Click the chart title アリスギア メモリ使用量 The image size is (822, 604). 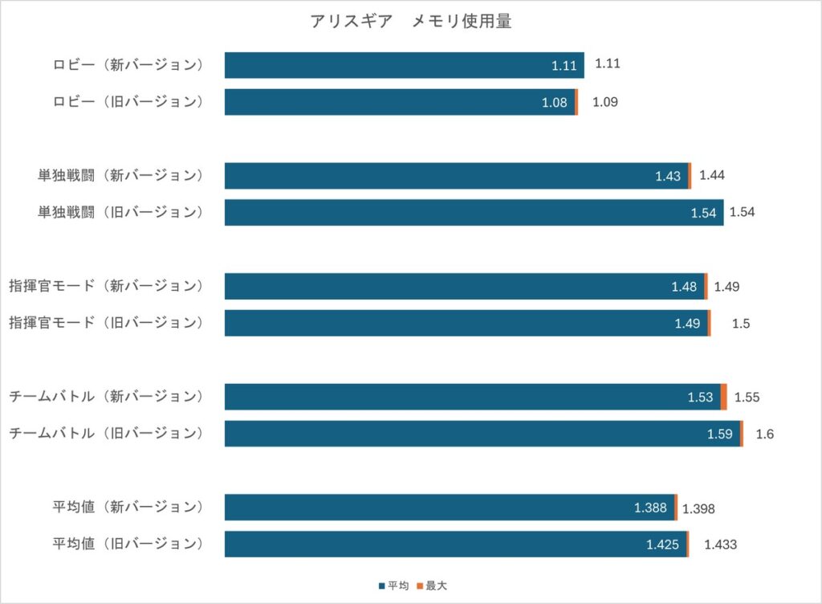pyautogui.click(x=410, y=21)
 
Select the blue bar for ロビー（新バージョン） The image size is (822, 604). pyautogui.click(x=405, y=65)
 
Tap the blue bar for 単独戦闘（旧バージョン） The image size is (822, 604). pyautogui.click(x=474, y=212)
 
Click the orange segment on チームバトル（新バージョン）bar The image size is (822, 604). pyautogui.click(x=723, y=397)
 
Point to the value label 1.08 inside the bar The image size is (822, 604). pyautogui.click(x=554, y=103)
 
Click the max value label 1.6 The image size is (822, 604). pyautogui.click(x=764, y=434)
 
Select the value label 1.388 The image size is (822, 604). pyautogui.click(x=650, y=508)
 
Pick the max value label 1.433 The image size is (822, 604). pyautogui.click(x=720, y=545)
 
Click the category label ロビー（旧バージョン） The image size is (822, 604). pyautogui.click(x=128, y=101)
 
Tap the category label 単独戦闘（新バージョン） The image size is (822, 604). pyautogui.click(x=120, y=175)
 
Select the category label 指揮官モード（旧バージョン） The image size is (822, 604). pyautogui.click(x=106, y=322)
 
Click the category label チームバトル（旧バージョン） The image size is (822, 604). pyautogui.click(x=106, y=433)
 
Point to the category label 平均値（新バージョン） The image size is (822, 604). pyautogui.click(x=128, y=507)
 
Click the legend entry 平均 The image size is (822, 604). pyautogui.click(x=393, y=586)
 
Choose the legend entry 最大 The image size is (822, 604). pyautogui.click(x=432, y=586)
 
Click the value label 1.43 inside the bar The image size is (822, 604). pyautogui.click(x=667, y=176)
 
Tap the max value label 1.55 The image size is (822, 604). pyautogui.click(x=747, y=398)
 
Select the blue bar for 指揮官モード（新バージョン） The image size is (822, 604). pyautogui.click(x=465, y=286)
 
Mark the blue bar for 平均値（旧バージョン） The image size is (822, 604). pyautogui.click(x=456, y=545)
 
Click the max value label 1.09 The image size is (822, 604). pyautogui.click(x=605, y=102)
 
